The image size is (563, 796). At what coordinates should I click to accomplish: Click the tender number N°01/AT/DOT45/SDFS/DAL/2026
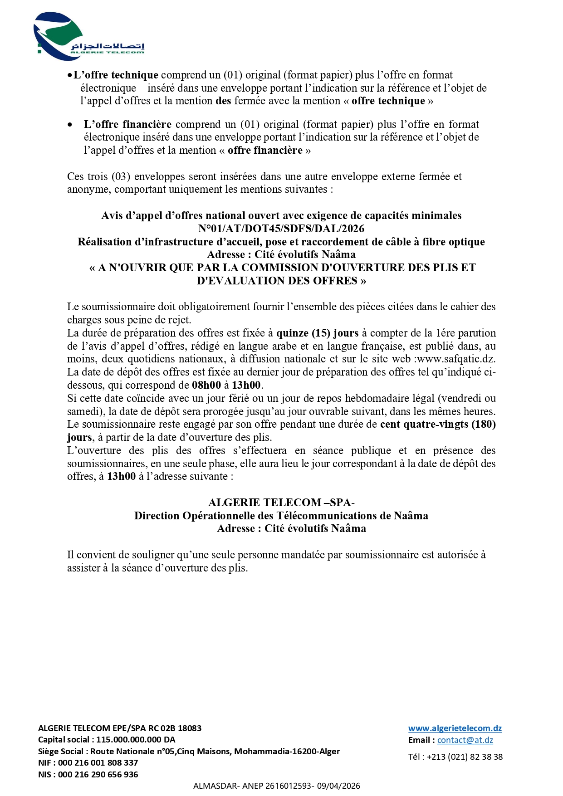pyautogui.click(x=281, y=229)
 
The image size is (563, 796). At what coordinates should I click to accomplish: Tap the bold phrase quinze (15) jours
pyautogui.click(x=317, y=333)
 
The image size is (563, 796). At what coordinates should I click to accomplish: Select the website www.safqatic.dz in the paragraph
pyautogui.click(x=456, y=359)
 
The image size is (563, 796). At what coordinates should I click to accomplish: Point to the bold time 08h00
pyautogui.click(x=206, y=386)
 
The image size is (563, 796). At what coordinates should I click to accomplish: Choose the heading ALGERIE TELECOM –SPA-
pyautogui.click(x=281, y=503)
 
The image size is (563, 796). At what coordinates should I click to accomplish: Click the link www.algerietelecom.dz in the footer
pyautogui.click(x=455, y=728)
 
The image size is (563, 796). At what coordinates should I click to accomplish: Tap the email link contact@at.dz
pyautogui.click(x=465, y=740)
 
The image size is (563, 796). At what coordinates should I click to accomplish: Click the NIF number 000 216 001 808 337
pyautogui.click(x=98, y=763)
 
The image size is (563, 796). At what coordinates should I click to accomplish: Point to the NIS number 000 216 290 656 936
pyautogui.click(x=98, y=775)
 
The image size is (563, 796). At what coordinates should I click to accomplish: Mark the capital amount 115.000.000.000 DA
pyautogui.click(x=136, y=740)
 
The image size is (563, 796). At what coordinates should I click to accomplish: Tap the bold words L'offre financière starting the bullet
pyautogui.click(x=127, y=125)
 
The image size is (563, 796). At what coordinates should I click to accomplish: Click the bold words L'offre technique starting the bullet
pyautogui.click(x=116, y=75)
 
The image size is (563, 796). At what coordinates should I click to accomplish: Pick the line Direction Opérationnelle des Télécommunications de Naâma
pyautogui.click(x=281, y=516)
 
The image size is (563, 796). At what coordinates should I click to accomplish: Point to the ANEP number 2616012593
pyautogui.click(x=289, y=786)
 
